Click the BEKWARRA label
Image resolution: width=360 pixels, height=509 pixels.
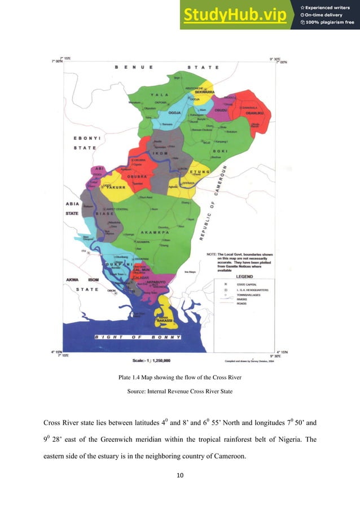(204, 91)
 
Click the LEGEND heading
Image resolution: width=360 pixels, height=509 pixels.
(244, 277)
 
